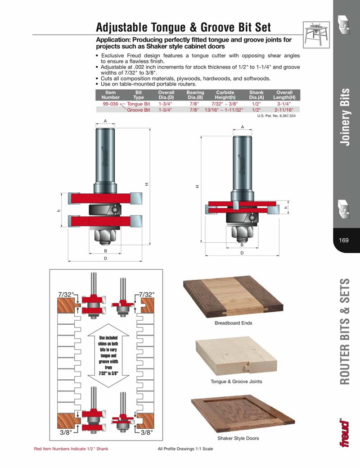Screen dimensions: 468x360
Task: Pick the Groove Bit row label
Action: tap(139, 110)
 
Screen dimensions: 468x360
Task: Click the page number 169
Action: tap(344, 240)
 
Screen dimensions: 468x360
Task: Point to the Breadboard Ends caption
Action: tap(233, 323)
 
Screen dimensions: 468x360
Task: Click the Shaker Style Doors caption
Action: tap(238, 438)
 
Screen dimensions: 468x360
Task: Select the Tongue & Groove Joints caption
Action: tap(236, 382)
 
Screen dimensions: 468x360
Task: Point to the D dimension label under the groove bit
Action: tap(242, 253)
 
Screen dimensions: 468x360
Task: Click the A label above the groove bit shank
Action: tap(242, 127)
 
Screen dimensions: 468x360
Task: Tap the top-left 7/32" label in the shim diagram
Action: tap(66, 294)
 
